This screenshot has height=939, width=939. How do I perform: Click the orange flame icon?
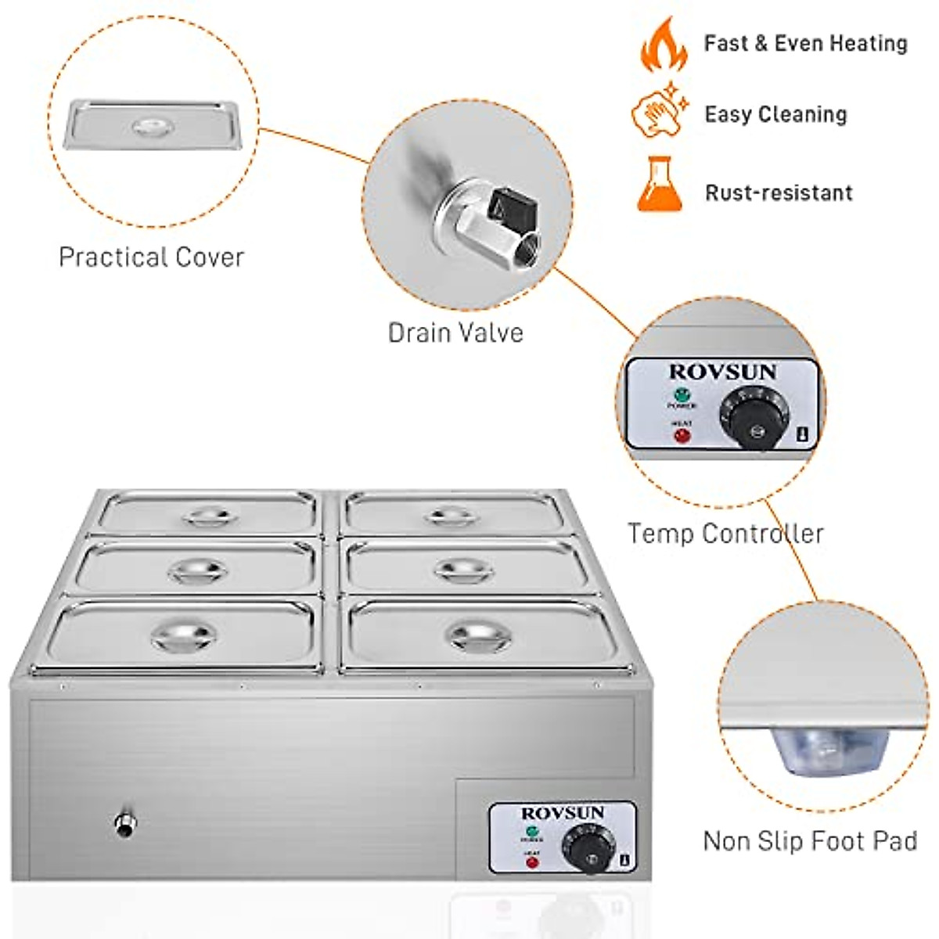tap(664, 45)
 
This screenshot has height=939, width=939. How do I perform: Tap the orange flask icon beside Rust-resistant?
tap(660, 184)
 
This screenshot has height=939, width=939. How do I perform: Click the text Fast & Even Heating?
tap(805, 44)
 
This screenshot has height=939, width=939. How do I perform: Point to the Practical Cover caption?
tap(151, 257)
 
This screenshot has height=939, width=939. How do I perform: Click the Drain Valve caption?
tap(455, 333)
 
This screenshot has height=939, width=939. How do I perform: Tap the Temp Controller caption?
tap(725, 534)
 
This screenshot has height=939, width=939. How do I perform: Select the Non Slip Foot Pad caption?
tap(810, 841)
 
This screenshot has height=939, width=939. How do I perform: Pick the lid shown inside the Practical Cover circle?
tap(150, 125)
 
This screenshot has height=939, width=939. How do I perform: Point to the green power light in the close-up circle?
tap(682, 394)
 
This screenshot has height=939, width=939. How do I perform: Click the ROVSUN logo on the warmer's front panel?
tap(562, 814)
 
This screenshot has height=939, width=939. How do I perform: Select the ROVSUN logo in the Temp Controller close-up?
tap(722, 372)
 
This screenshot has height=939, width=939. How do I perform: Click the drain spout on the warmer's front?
tap(124, 823)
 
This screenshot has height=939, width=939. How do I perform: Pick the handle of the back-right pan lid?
tap(449, 515)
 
